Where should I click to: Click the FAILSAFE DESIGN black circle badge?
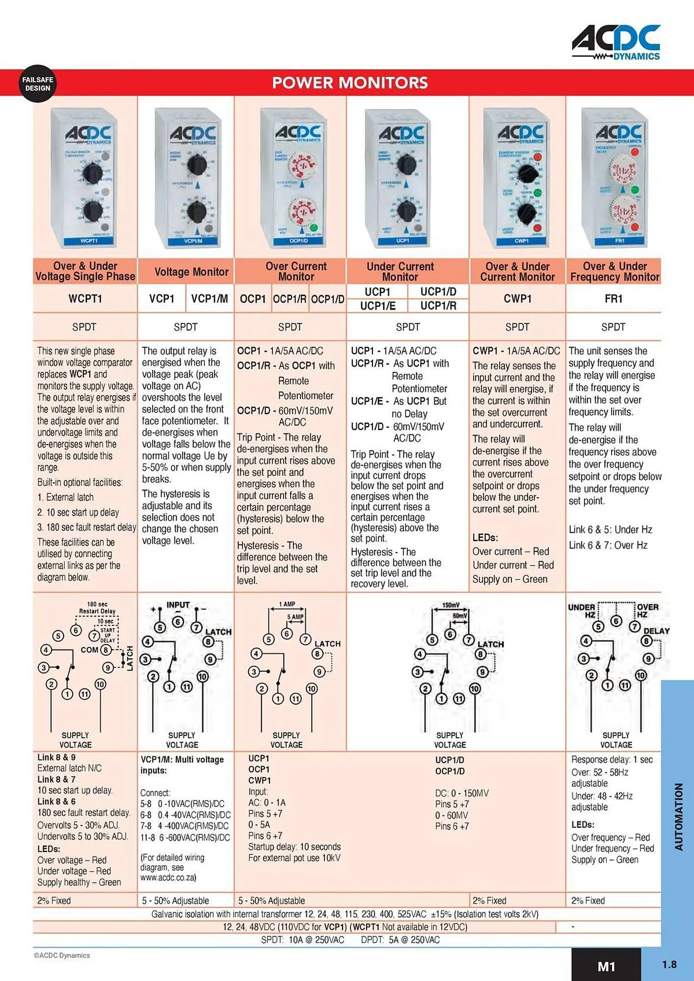click(37, 84)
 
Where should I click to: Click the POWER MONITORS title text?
click(350, 82)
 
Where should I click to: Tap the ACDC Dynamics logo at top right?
click(616, 43)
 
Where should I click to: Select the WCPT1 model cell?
click(85, 298)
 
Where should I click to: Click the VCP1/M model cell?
click(210, 298)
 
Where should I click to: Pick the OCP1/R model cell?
click(290, 299)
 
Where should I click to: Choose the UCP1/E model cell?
click(377, 306)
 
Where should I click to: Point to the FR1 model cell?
click(613, 298)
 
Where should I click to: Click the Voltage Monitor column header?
click(191, 272)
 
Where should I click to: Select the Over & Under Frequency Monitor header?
click(614, 271)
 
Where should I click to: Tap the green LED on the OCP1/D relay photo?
click(314, 228)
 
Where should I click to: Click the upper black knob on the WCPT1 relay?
click(91, 173)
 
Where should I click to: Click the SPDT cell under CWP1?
click(517, 327)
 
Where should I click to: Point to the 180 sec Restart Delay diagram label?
click(97, 608)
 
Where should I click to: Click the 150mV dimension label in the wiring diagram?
click(451, 605)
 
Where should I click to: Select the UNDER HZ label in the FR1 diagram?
click(582, 610)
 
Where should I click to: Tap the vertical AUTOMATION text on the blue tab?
click(679, 816)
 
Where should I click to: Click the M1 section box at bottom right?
click(606, 966)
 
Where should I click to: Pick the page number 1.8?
click(669, 964)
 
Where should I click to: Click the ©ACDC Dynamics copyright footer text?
click(62, 955)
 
